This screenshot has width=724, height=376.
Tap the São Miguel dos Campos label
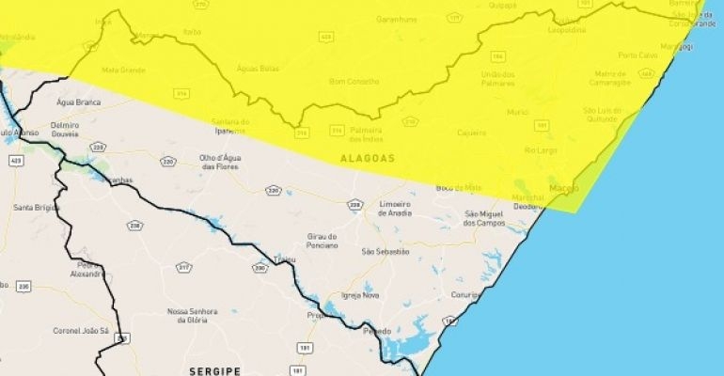(484, 218)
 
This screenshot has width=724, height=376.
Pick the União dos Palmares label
(503, 77)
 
